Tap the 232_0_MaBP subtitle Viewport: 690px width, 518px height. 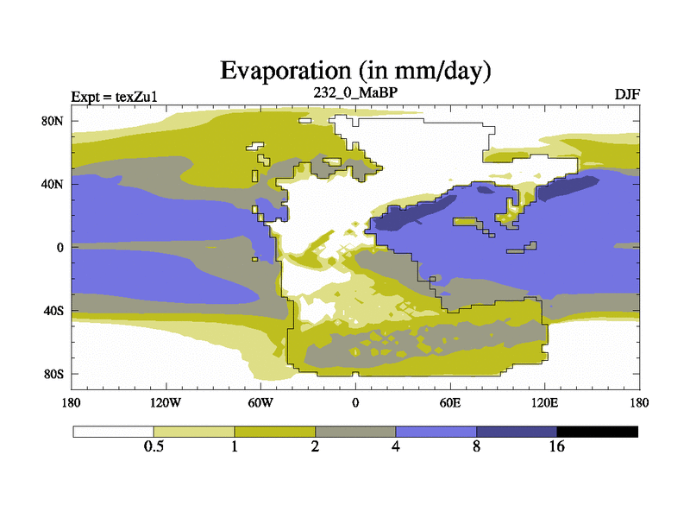(x=354, y=92)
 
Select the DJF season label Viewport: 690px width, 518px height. (x=626, y=93)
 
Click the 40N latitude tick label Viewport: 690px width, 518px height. (x=53, y=184)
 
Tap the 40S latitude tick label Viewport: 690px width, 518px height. (x=54, y=311)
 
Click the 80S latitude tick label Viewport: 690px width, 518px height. (x=54, y=374)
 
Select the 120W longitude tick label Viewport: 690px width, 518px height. (x=165, y=402)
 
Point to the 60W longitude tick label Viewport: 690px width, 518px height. (x=260, y=402)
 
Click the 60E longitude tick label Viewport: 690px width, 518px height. (x=449, y=402)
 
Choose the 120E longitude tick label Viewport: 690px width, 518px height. (x=544, y=402)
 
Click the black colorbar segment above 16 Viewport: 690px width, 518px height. (x=597, y=432)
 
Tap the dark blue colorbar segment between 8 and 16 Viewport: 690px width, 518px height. (x=517, y=432)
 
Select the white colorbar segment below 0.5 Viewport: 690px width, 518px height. (x=113, y=432)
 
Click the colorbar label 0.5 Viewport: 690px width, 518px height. (x=154, y=446)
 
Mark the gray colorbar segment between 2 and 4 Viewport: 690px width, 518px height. (x=355, y=432)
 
